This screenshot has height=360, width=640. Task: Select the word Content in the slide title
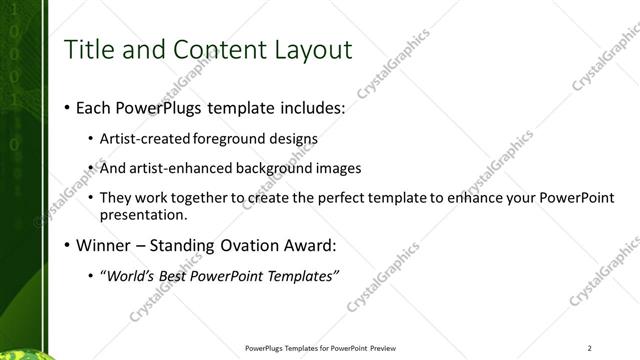click(x=211, y=50)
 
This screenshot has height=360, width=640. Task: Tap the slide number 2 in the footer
click(x=590, y=348)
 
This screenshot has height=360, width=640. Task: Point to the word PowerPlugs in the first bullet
click(x=147, y=107)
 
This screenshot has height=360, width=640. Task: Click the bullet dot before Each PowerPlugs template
click(x=66, y=107)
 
